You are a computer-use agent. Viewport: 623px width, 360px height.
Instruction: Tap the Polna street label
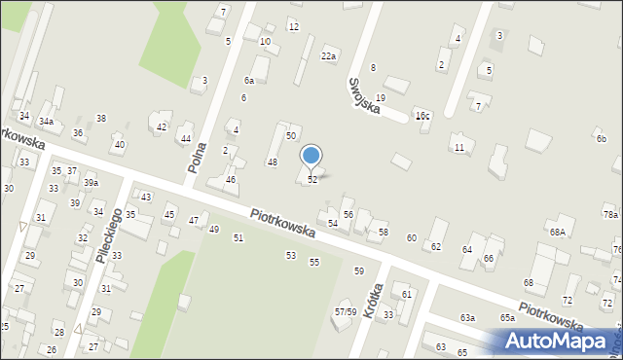(x=197, y=155)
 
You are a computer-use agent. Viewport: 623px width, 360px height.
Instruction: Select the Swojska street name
(x=356, y=91)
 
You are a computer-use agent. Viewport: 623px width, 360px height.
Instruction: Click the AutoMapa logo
(x=559, y=341)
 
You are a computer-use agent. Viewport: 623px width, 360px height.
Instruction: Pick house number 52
(x=311, y=180)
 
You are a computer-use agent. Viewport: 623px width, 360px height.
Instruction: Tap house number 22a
(x=329, y=56)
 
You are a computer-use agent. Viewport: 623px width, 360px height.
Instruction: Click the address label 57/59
(x=346, y=311)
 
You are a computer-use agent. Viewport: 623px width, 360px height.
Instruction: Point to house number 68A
(x=557, y=232)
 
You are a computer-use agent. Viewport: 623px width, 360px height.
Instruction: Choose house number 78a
(x=610, y=214)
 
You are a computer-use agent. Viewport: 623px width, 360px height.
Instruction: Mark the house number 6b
(x=602, y=139)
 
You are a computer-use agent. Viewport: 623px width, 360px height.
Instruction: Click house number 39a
(x=91, y=183)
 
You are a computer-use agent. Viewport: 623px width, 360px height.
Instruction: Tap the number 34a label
(x=46, y=123)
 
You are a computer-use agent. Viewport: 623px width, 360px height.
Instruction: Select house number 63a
(x=467, y=318)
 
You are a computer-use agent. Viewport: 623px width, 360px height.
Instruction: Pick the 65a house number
(x=507, y=318)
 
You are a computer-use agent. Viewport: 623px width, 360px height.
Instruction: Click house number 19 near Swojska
(x=380, y=98)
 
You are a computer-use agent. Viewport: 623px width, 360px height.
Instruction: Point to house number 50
(x=290, y=135)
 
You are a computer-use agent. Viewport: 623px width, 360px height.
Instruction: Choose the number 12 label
(x=293, y=26)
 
